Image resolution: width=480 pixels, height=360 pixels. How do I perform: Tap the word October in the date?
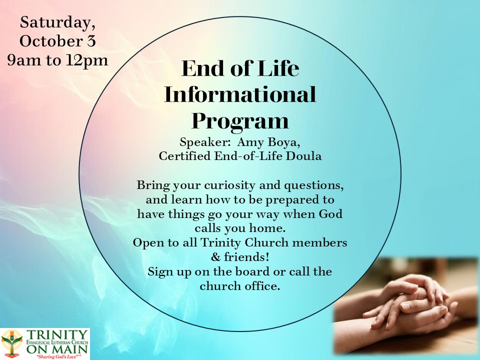[x=49, y=41]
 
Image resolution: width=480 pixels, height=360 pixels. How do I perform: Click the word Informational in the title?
[x=240, y=94]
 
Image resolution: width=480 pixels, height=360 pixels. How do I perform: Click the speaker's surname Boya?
[x=283, y=142]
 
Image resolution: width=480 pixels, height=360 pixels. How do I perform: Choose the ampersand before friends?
[x=216, y=257]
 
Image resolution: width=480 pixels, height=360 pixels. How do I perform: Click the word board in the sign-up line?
[x=242, y=271]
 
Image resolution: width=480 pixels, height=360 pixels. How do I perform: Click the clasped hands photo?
[x=406, y=305]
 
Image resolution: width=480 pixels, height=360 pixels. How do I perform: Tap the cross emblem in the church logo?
[x=12, y=344]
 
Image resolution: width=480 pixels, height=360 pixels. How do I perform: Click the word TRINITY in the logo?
[x=57, y=334]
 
